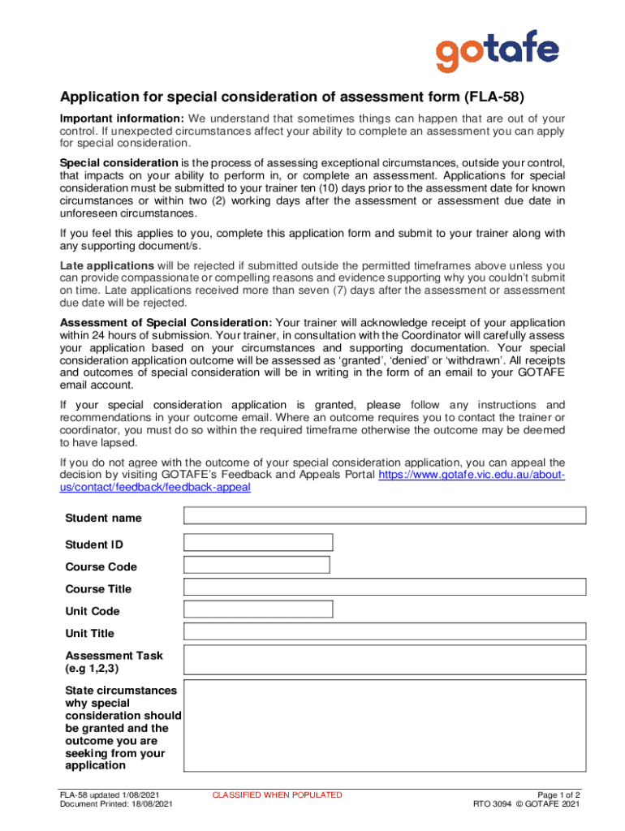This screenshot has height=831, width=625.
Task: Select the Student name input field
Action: click(385, 516)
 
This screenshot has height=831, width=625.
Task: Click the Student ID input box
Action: click(258, 543)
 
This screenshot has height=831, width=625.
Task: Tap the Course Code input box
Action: click(256, 565)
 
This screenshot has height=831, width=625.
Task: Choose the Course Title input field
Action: click(385, 587)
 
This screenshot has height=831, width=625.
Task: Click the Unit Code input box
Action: click(258, 609)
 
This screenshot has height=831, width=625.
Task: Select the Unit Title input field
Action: click(385, 631)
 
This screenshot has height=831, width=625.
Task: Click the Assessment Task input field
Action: click(385, 660)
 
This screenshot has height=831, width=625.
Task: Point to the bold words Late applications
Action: click(107, 265)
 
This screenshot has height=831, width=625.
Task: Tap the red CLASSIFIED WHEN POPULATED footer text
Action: click(277, 795)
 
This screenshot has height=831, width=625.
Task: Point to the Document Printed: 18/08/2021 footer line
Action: click(116, 804)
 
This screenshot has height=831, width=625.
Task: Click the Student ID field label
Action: click(94, 545)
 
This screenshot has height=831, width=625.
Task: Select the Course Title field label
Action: click(98, 589)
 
